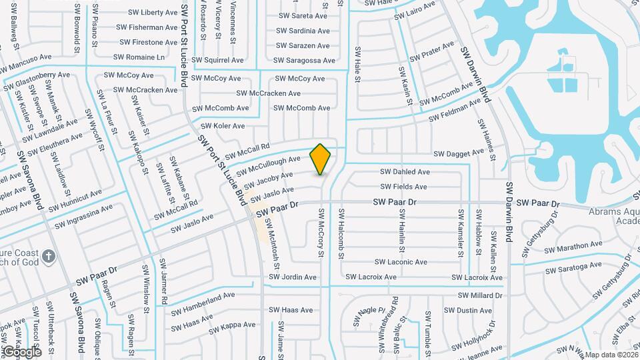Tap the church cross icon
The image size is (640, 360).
point(48,256)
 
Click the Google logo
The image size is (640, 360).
point(21,351)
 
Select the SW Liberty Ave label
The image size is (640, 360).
point(147,13)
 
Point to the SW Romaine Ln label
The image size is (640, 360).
point(141,57)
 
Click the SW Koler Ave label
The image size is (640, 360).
point(223,126)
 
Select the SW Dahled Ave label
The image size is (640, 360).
point(405,172)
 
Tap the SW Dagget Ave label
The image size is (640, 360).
point(459,153)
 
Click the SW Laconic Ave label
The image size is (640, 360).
point(401,263)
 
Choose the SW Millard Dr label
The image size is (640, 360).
point(480,295)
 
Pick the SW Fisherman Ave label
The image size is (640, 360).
point(147,27)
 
